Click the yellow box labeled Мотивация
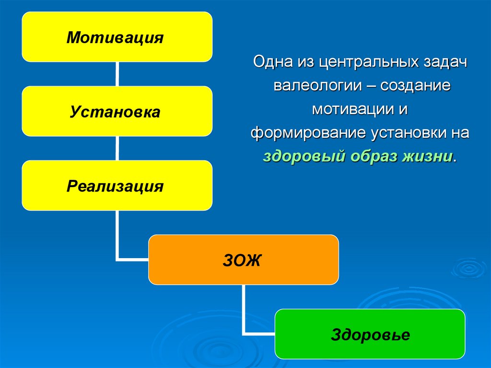[x=117, y=37]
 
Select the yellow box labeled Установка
[x=117, y=111]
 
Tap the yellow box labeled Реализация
[x=117, y=186]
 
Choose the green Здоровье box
[x=370, y=334]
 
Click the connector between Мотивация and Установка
[x=117, y=74]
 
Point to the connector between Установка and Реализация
[x=117, y=148]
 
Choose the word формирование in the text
[x=307, y=133]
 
